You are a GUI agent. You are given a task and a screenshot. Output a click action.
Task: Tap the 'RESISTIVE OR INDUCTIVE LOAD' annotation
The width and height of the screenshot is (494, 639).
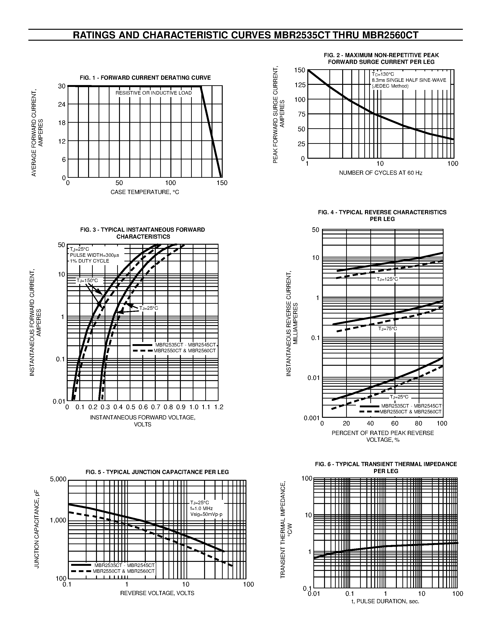point(154,93)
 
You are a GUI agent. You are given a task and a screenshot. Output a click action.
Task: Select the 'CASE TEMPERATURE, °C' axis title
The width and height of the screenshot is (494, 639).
point(145,192)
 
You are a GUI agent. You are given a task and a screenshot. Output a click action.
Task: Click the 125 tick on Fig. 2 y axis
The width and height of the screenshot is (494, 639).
point(300,85)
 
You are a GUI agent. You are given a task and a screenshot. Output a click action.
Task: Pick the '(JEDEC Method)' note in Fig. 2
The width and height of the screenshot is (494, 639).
point(390,86)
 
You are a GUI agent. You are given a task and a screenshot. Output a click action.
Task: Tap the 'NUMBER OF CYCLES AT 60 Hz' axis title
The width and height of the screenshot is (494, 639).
point(381,173)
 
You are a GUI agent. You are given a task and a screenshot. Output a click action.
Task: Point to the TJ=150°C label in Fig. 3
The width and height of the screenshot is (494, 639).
point(87,281)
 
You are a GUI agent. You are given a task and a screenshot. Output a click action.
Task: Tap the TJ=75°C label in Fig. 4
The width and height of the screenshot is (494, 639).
point(388,329)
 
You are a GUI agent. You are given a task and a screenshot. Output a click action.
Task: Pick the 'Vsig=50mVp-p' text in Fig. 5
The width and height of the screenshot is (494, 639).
point(206,515)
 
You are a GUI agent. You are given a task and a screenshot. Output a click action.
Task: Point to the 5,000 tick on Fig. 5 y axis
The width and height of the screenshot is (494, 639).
point(59,479)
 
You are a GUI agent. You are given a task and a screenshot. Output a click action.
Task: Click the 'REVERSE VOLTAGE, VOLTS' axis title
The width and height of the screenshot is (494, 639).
point(157,593)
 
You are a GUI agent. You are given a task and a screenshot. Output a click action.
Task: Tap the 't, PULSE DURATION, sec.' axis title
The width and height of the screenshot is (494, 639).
point(385,602)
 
